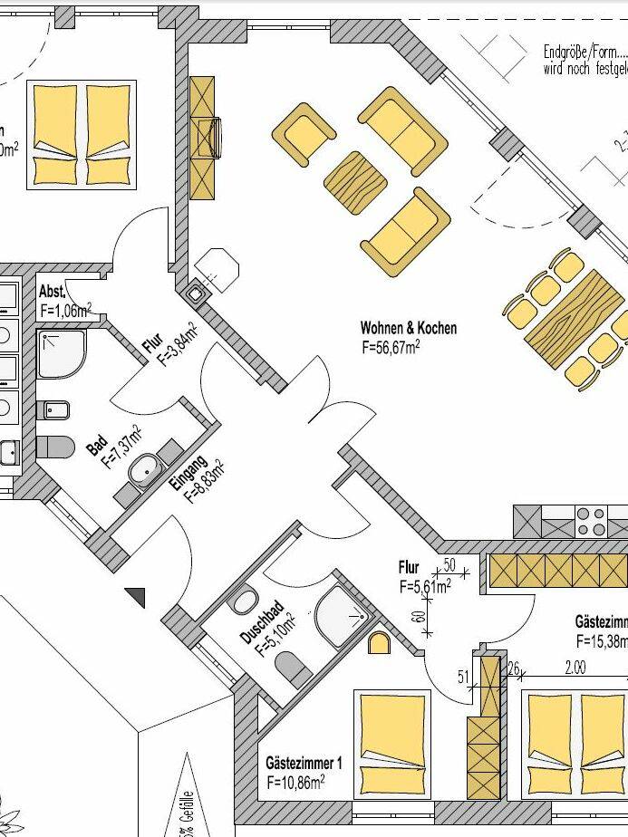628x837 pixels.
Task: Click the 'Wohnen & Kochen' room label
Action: tap(408, 328)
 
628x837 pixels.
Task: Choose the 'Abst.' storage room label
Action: tap(53, 293)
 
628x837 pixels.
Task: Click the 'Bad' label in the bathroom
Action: tap(97, 447)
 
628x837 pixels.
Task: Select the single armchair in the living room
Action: tap(304, 134)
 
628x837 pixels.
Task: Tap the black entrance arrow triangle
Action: tap(136, 596)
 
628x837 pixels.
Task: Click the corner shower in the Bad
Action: tap(62, 352)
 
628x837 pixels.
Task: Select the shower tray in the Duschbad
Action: tap(342, 617)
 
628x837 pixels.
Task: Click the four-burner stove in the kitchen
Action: tap(591, 522)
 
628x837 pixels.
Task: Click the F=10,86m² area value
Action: tap(296, 780)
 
